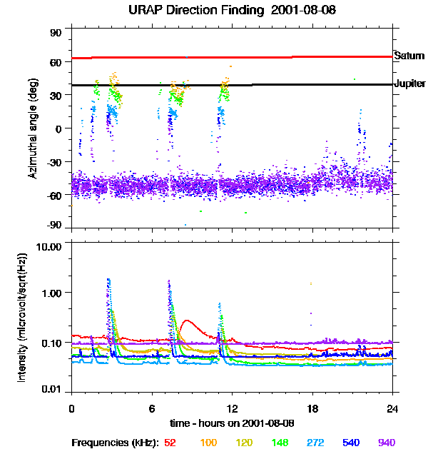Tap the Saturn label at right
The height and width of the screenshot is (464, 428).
pos(409,55)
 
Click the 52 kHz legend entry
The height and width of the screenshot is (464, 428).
pos(170,443)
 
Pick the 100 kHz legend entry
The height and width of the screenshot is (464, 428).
pos(208,443)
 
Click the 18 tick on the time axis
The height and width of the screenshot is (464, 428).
pos(312,408)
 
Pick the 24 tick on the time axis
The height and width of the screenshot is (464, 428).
pos(392,408)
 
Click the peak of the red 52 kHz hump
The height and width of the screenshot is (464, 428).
pos(187,321)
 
